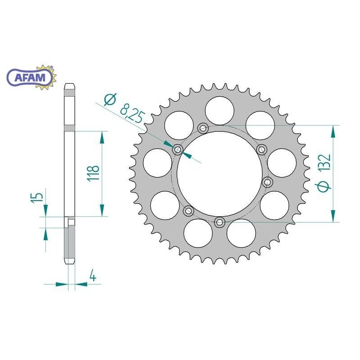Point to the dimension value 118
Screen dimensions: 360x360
click(93, 173)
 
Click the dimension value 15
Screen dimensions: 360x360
click(40, 196)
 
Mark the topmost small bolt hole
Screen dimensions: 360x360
click(203, 128)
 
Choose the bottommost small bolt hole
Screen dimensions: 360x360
click(220, 222)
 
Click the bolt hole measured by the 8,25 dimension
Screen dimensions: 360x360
click(177, 149)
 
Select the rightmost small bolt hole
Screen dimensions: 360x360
click(268, 182)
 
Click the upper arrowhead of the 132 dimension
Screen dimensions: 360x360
click(333, 131)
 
